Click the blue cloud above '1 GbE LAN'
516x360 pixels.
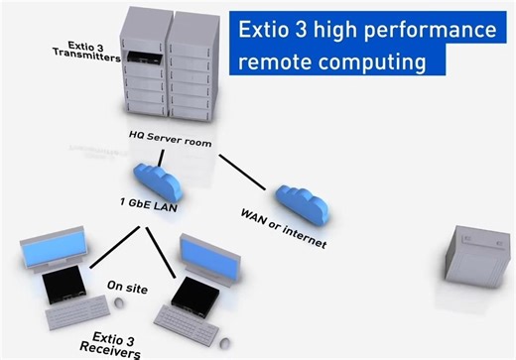153,180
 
